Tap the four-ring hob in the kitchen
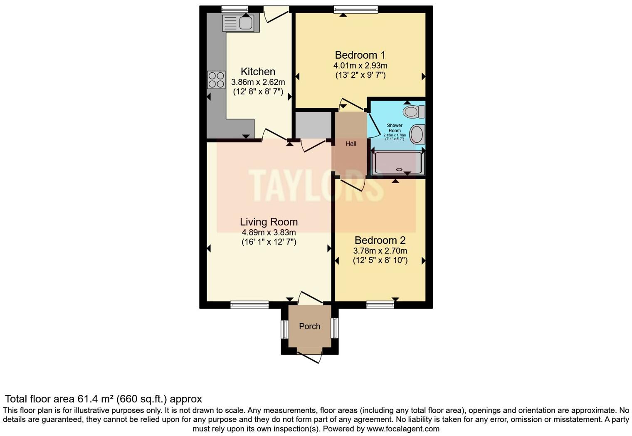pos(216,80)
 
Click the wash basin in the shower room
pos(417,134)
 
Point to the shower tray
pos(398,163)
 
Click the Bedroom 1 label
pos(360,55)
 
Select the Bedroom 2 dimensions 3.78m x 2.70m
pos(380,251)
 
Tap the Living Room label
pos(269,222)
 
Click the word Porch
pos(310,327)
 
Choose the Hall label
pos(351,144)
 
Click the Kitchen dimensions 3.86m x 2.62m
pos(258,82)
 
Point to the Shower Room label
pos(395,128)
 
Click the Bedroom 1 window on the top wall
pos(355,9)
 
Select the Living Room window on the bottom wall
pos(249,305)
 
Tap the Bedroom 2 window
pos(380,305)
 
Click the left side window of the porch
pos(285,329)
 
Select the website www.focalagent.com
pos(403,429)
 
